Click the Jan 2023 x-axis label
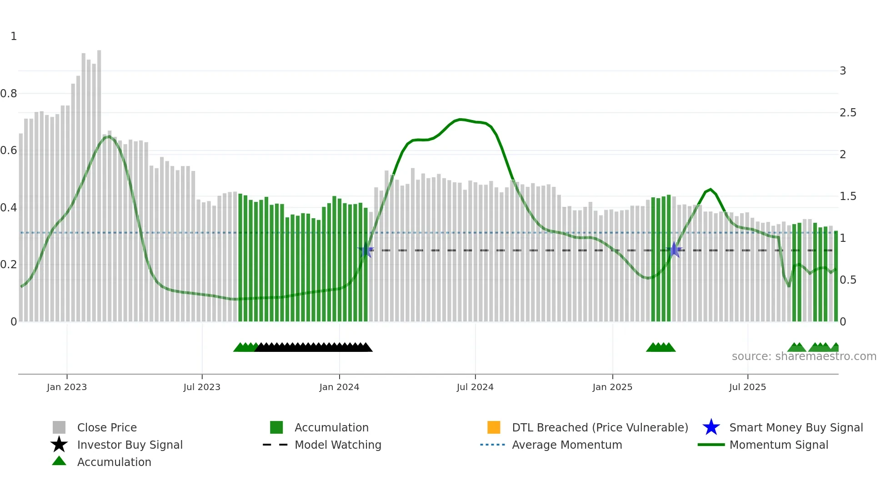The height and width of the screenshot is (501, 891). tap(66, 387)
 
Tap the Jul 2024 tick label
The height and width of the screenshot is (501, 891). tap(475, 387)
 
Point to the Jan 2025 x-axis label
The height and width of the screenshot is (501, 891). tap(612, 387)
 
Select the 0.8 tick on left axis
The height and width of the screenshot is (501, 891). tap(9, 94)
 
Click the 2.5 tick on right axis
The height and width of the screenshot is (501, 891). tap(848, 113)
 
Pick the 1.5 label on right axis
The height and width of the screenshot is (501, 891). tap(848, 196)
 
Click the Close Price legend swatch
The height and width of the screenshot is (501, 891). tap(59, 427)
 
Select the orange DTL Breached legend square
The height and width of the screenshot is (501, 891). tap(494, 427)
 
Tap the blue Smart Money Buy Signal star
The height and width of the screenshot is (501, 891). tap(711, 427)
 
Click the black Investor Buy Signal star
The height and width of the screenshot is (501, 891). tap(59, 445)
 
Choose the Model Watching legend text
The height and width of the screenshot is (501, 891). tap(338, 445)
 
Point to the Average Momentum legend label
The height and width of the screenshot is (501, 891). tap(567, 445)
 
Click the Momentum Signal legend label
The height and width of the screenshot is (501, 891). tap(779, 445)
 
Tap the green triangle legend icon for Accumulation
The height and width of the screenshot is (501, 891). tap(59, 461)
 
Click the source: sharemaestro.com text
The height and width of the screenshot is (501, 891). tap(804, 356)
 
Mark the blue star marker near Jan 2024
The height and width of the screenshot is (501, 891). tap(365, 250)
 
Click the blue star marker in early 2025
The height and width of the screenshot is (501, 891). tap(674, 250)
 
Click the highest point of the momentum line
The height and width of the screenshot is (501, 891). tap(461, 120)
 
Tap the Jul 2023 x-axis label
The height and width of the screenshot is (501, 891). tap(202, 387)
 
